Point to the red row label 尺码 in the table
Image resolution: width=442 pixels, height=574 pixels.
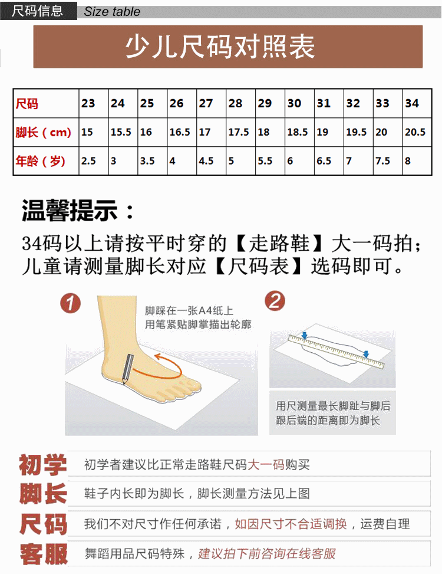pos(27,104)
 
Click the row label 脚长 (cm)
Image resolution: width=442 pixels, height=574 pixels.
pos(43,132)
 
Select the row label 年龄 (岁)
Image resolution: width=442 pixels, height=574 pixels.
pos(40,160)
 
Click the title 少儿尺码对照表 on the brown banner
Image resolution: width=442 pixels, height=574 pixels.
pos(220,47)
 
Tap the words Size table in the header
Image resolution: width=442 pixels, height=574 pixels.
pos(112,11)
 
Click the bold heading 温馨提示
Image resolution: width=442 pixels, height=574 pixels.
pos(70,211)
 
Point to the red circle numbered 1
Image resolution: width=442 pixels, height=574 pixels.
pos(70,303)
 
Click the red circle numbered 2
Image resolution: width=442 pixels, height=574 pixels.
pos(275,301)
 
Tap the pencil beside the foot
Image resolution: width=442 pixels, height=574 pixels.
pos(127,369)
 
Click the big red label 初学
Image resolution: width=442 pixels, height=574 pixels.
pos(43,465)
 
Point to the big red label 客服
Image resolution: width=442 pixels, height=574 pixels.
pos(44,554)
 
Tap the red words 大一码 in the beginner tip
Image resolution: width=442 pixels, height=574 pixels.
pos(266,464)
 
